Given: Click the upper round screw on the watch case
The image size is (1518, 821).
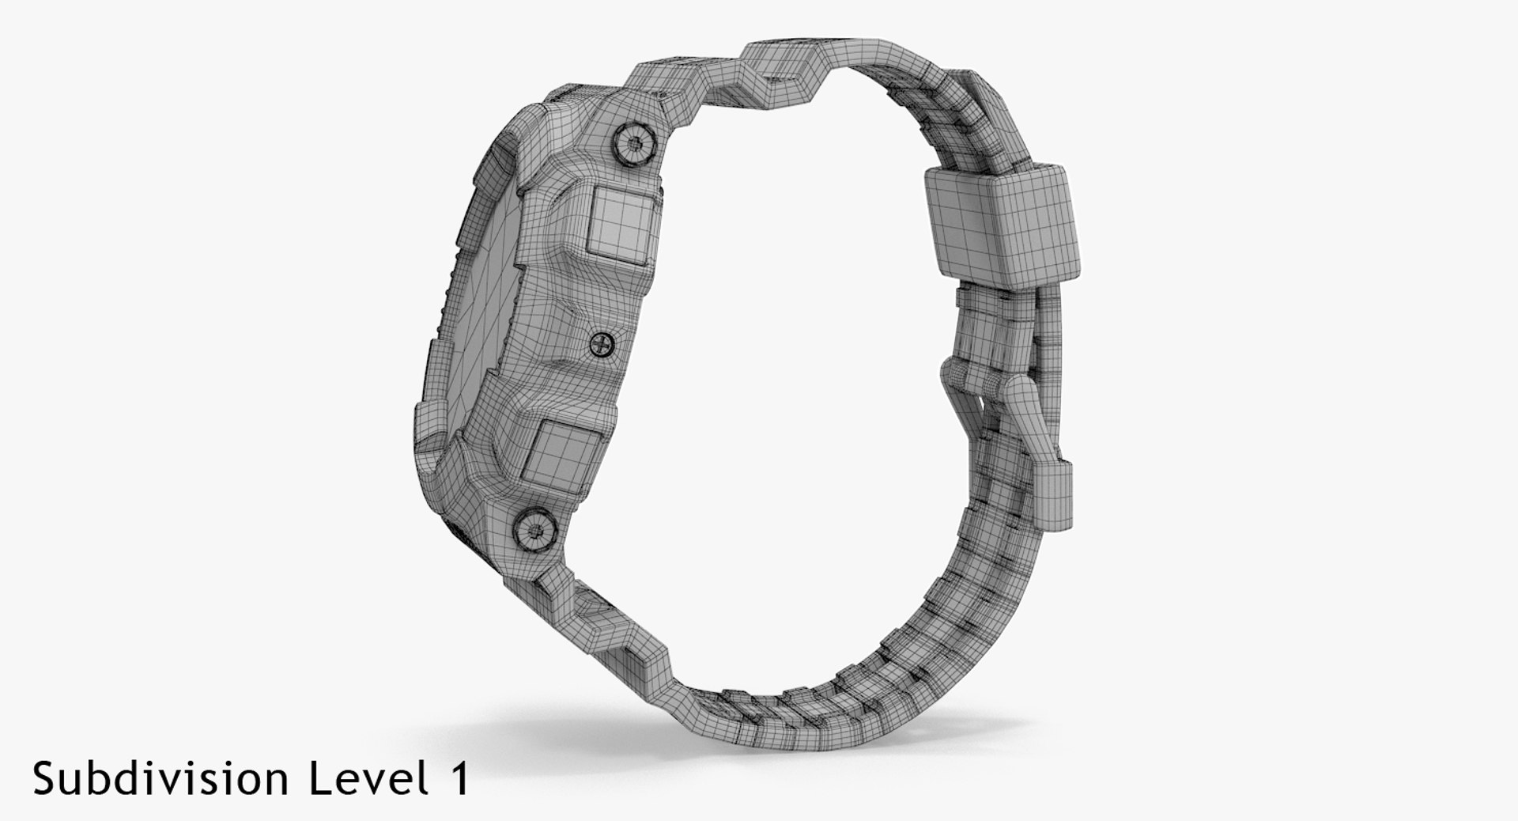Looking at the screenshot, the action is coord(634,144).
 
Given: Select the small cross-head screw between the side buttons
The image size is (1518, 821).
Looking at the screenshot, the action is coord(603,343).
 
